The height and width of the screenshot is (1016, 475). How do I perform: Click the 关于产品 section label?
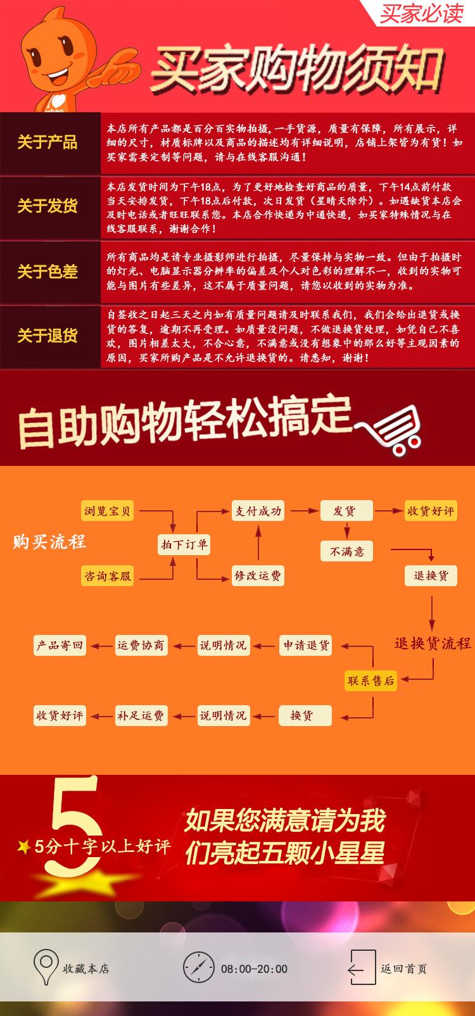(47, 142)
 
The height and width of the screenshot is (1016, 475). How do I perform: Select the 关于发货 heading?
(47, 206)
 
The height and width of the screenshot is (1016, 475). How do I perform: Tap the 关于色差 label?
(47, 272)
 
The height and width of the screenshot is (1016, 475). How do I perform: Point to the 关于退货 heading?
(47, 336)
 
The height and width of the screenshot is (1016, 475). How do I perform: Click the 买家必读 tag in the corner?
(421, 13)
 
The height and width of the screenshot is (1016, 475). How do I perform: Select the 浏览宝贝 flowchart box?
(108, 511)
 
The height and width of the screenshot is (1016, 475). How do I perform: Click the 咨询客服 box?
(108, 576)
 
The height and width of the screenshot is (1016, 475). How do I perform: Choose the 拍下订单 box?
(184, 544)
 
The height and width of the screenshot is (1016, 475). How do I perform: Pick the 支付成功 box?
(258, 511)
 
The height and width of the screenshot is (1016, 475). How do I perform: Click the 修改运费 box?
(258, 576)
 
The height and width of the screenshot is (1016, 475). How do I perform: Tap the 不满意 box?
(346, 551)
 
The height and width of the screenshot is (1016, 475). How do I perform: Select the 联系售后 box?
(370, 680)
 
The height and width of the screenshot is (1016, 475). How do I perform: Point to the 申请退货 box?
(306, 646)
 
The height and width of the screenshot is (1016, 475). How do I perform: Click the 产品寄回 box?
(60, 646)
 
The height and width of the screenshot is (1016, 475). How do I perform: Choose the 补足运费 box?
(140, 716)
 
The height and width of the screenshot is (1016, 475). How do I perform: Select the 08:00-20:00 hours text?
(254, 969)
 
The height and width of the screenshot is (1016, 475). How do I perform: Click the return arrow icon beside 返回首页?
(357, 968)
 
